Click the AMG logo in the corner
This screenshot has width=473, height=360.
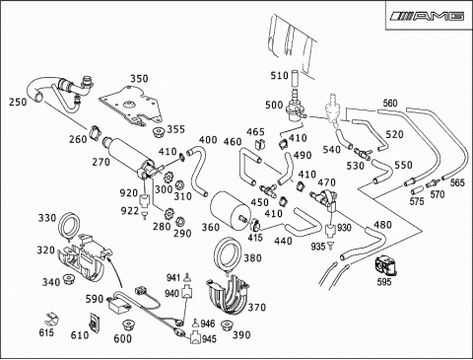click(428, 16)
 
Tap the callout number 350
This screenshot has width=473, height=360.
click(139, 79)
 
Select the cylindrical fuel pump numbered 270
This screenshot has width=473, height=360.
click(127, 155)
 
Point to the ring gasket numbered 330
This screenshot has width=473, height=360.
click(69, 225)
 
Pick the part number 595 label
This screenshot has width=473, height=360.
click(384, 282)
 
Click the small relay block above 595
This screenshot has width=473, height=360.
click(385, 265)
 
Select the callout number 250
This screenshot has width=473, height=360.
click(18, 102)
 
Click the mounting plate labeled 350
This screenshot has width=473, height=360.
click(131, 105)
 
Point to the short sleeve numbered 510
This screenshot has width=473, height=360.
click(295, 78)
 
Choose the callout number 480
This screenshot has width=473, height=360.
click(383, 225)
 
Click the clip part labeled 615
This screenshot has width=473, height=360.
click(51, 319)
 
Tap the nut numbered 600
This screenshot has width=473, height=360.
click(128, 325)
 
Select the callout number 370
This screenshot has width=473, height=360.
click(256, 308)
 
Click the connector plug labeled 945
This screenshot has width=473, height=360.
click(196, 337)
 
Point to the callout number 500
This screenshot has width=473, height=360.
click(274, 106)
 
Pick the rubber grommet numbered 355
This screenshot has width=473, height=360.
click(160, 131)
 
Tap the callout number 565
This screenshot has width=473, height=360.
click(457, 182)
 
